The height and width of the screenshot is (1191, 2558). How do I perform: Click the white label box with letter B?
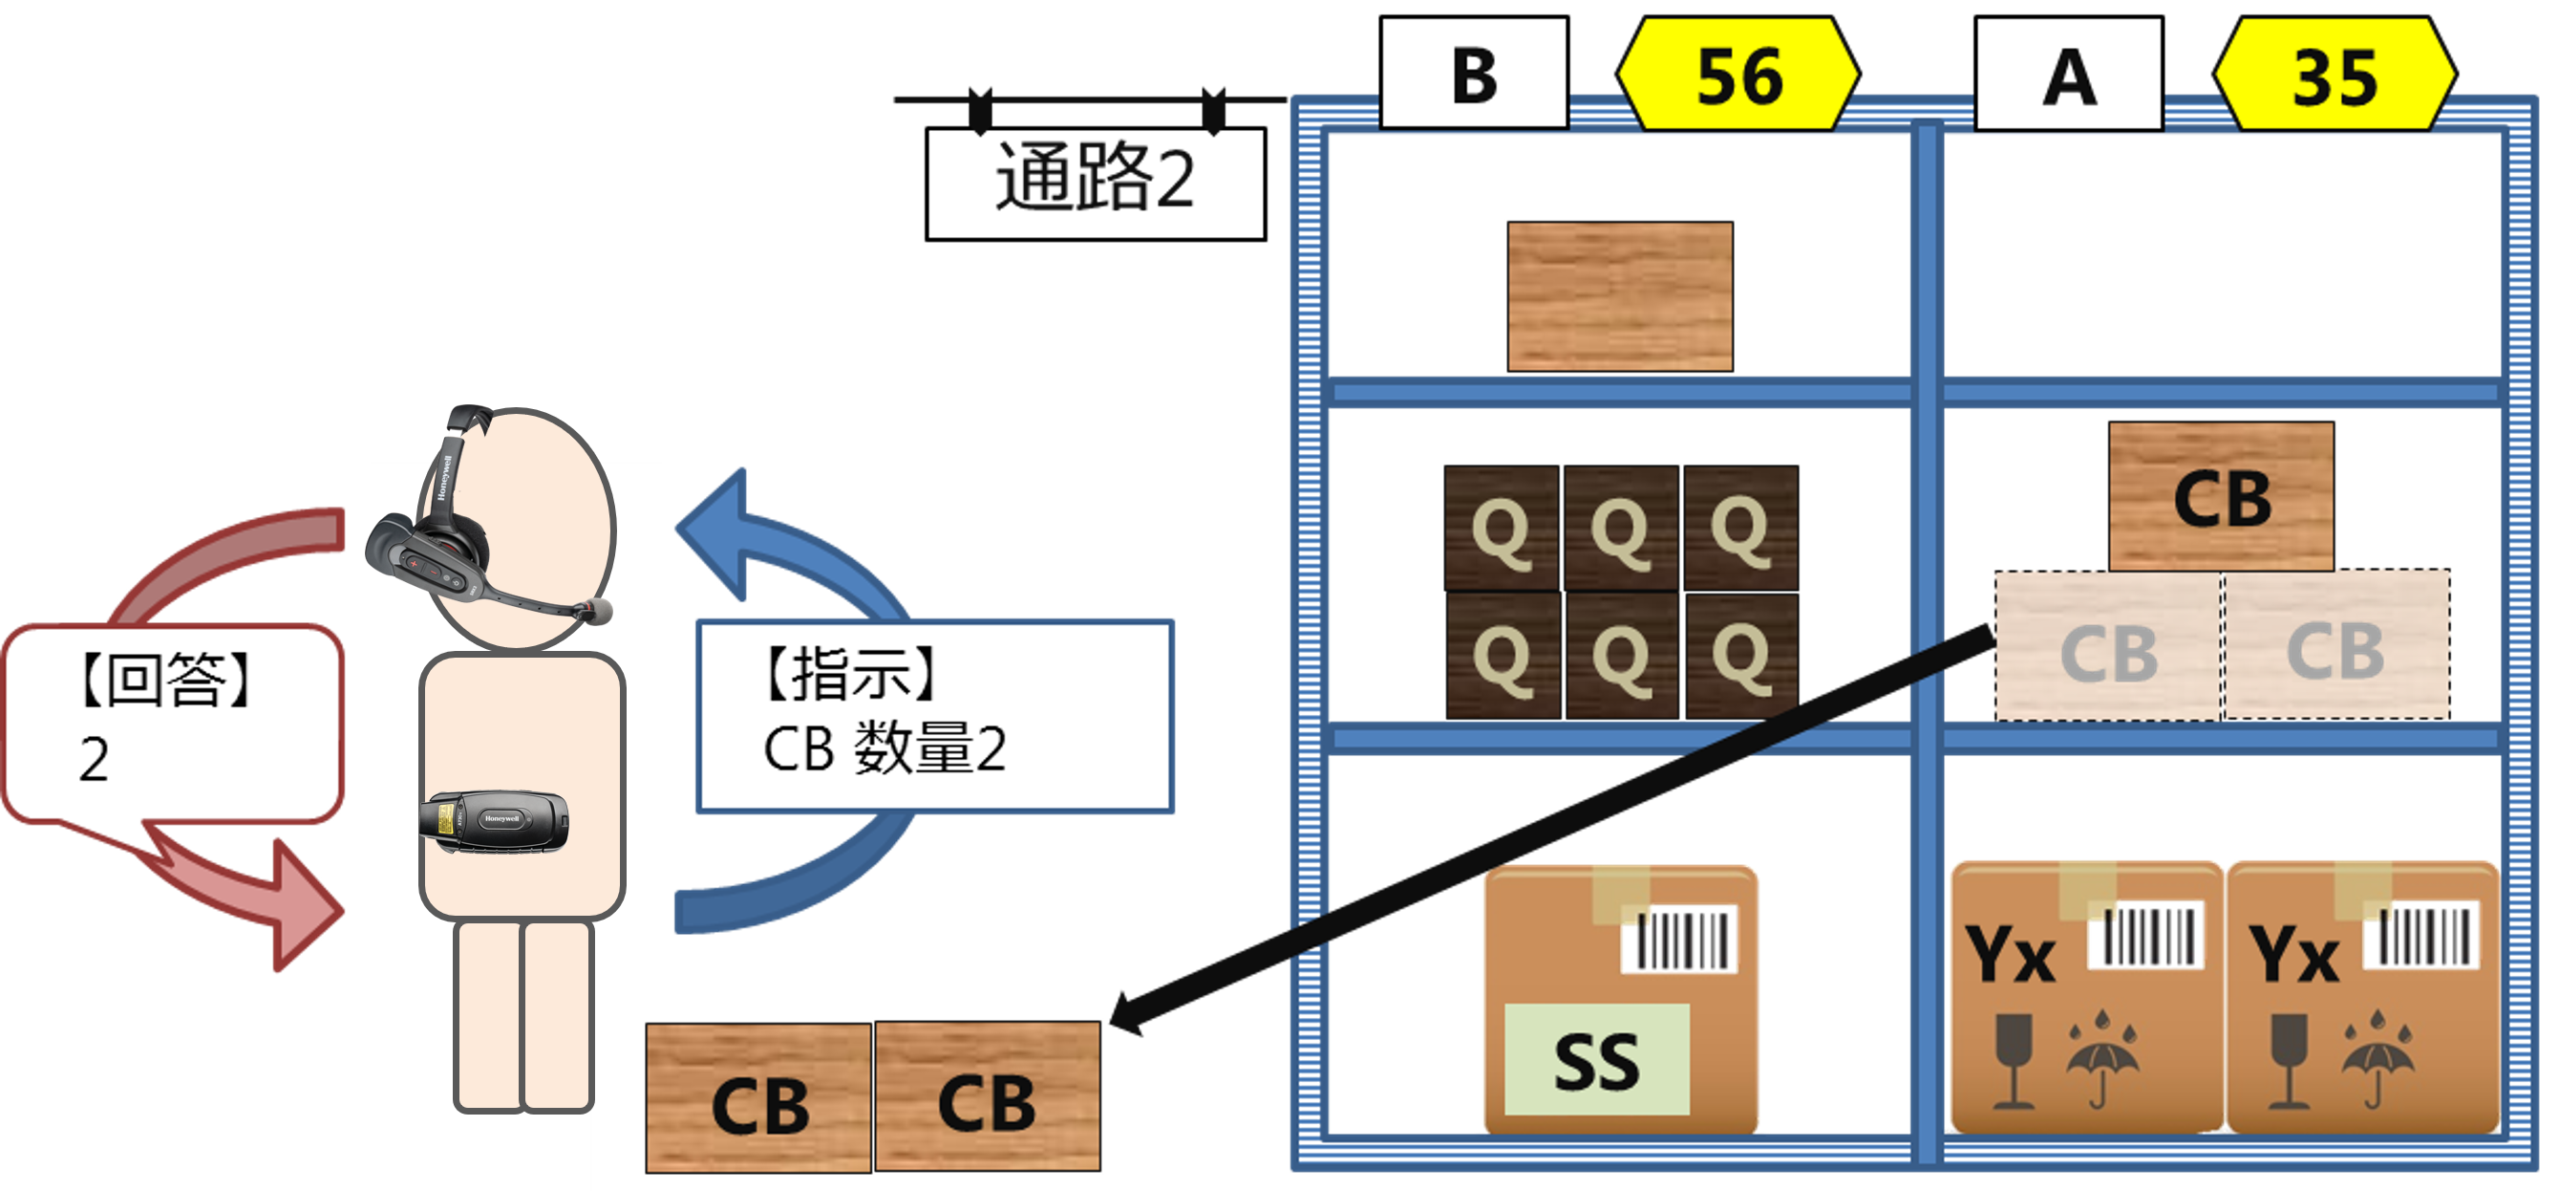coord(1474,76)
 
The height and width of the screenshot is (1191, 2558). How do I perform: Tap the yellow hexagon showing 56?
coord(1737,76)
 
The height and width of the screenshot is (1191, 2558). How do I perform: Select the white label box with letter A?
coord(2068,76)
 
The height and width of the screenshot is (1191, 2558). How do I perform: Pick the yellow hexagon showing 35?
coord(2334,76)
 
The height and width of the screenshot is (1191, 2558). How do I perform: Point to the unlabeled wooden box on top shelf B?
coord(1620,296)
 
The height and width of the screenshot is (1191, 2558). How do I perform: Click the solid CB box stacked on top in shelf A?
coord(2221,497)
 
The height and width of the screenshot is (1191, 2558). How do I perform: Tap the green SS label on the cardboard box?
coord(1596,1059)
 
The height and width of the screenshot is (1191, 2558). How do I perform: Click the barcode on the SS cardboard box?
coord(1681,938)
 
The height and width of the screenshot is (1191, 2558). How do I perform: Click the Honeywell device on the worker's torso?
coord(494,820)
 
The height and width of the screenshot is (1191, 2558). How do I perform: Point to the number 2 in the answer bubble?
coord(94,760)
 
